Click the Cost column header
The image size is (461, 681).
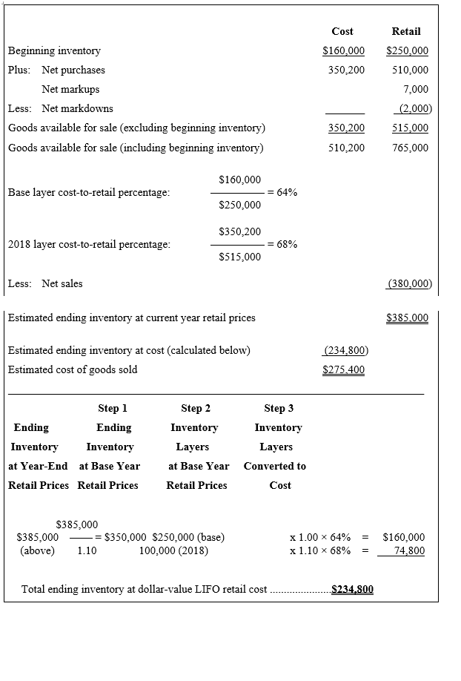(342, 31)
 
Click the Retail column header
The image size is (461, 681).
(405, 31)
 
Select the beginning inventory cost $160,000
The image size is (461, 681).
(344, 51)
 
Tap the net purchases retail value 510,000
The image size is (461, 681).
(410, 70)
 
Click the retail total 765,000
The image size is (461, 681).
(410, 148)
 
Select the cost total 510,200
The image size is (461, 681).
(346, 148)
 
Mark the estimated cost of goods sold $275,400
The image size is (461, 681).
(344, 369)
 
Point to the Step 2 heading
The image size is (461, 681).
(196, 408)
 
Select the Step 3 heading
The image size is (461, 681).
(279, 408)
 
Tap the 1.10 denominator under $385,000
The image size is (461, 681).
(87, 550)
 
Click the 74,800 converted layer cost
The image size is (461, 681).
(409, 550)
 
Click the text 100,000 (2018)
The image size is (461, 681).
(173, 550)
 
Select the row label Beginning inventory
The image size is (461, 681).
(54, 51)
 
